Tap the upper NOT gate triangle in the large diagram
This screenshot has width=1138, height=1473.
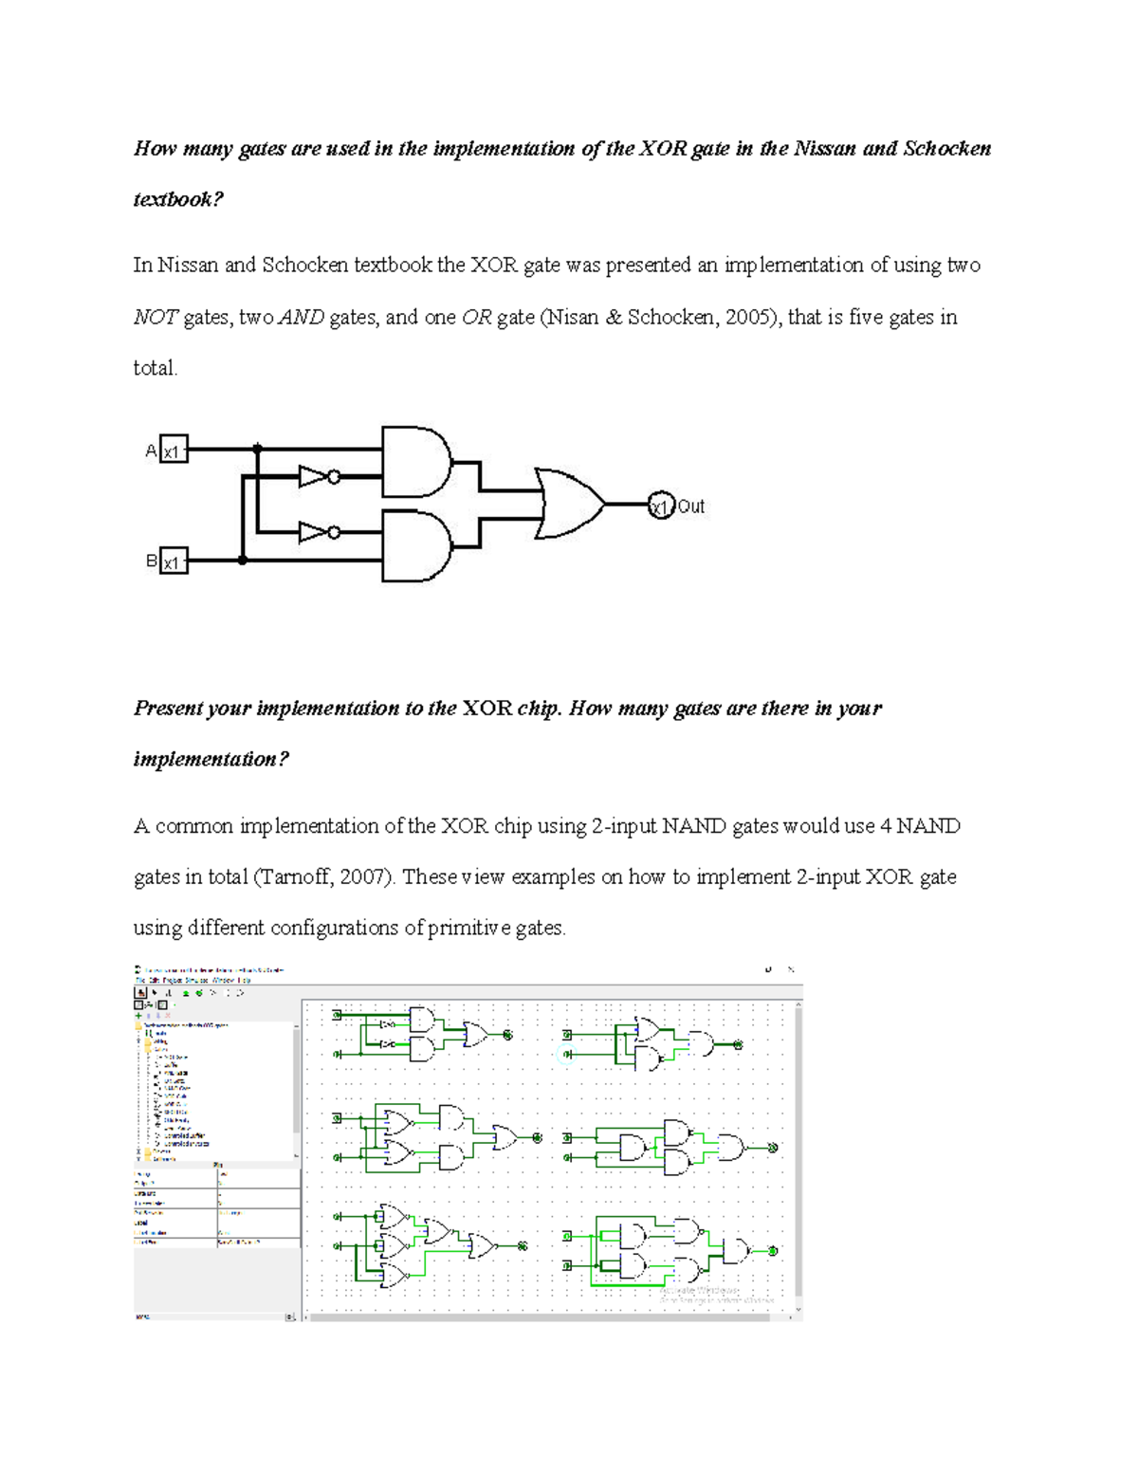[313, 476]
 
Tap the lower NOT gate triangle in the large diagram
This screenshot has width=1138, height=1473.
[313, 533]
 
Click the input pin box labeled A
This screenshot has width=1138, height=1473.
[174, 450]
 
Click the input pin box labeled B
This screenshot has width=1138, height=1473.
[174, 562]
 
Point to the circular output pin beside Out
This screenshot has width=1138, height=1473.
[661, 506]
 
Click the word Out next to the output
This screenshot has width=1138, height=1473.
[691, 506]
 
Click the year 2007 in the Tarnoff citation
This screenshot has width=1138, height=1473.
[361, 876]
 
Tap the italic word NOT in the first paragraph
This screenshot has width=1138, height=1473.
[155, 317]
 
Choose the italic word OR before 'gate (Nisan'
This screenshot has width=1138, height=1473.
[476, 317]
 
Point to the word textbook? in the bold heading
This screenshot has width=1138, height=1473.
[178, 199]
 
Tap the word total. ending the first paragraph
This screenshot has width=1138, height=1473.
[156, 368]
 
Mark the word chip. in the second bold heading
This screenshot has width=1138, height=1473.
[539, 709]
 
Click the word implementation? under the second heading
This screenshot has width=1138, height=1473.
[211, 759]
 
